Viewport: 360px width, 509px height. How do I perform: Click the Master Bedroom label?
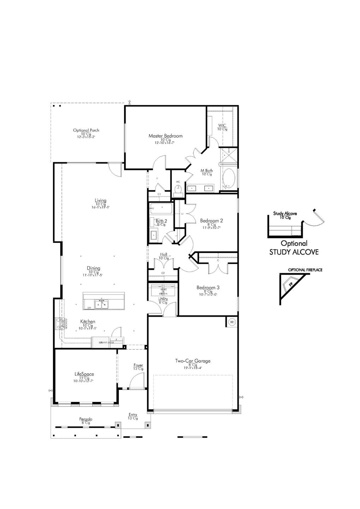[166, 136]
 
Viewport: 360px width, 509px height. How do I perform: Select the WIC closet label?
[222, 125]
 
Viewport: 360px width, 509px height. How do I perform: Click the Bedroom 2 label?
[211, 221]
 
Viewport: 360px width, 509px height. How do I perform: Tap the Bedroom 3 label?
[208, 287]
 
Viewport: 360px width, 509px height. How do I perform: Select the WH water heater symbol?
[232, 322]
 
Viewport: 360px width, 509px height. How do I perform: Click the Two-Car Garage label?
[193, 361]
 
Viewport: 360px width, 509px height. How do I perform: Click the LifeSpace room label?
[84, 374]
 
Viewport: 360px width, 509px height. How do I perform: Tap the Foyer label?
[138, 365]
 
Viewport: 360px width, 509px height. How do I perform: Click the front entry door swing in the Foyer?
[136, 382]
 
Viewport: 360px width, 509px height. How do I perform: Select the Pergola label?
[86, 419]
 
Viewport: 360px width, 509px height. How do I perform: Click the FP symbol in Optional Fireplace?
[291, 284]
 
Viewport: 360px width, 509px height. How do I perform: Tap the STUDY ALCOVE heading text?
[294, 252]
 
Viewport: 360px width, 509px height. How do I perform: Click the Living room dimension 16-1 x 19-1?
[100, 207]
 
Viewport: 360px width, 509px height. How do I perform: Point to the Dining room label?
[94, 268]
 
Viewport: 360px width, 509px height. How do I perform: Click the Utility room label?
[163, 299]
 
